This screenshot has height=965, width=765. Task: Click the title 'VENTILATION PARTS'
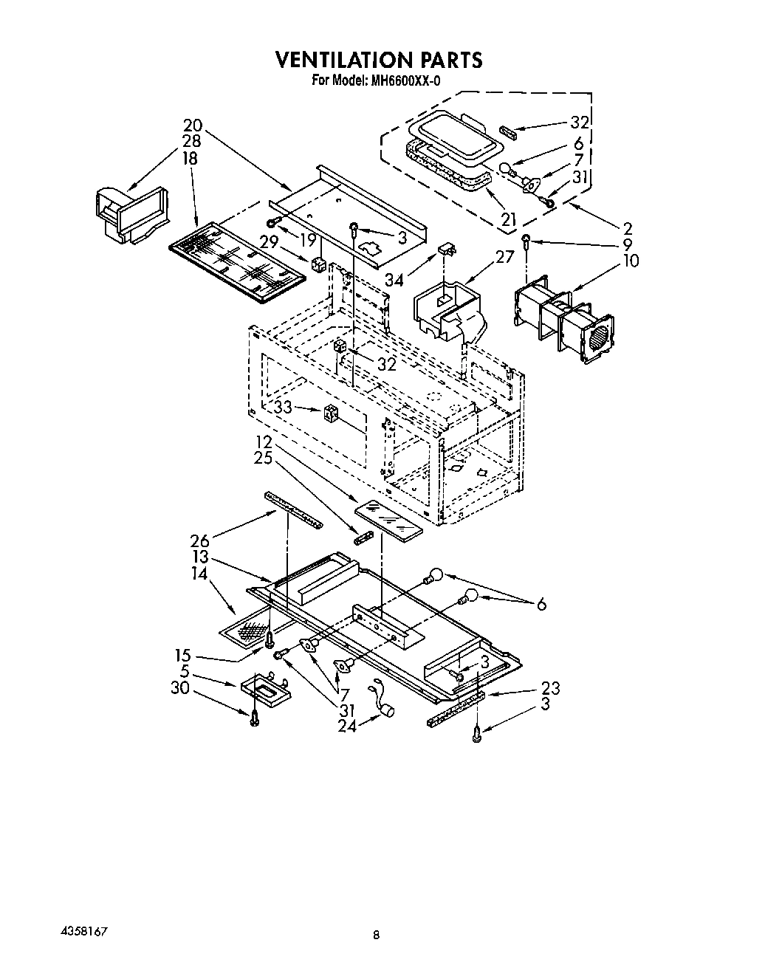(x=379, y=60)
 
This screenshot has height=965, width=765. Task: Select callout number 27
(x=504, y=256)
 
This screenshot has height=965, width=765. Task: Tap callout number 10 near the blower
(x=630, y=261)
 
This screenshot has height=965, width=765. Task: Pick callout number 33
(x=281, y=407)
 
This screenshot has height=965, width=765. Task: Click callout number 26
(x=200, y=541)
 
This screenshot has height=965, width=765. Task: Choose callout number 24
(x=347, y=726)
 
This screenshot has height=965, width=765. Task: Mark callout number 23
(x=550, y=688)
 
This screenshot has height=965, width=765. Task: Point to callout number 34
(x=394, y=279)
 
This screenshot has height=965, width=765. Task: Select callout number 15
(x=183, y=656)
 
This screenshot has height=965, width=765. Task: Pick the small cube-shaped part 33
(x=331, y=414)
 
